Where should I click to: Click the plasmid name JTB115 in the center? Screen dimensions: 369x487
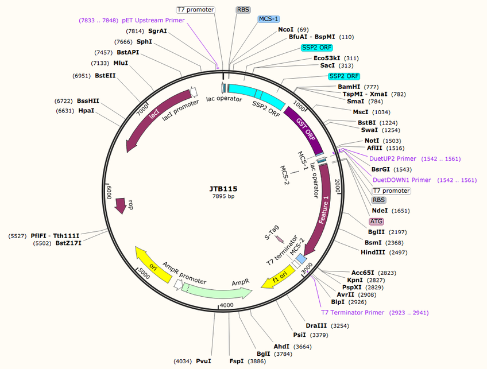[223, 188]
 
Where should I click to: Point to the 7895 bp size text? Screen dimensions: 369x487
[223, 196]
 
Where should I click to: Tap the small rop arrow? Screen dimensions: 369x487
[121, 205]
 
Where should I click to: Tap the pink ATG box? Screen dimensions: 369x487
[376, 222]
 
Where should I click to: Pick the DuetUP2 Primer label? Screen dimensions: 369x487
[393, 158]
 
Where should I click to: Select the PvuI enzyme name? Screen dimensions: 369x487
[204, 361]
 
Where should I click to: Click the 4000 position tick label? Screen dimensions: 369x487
[227, 305]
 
